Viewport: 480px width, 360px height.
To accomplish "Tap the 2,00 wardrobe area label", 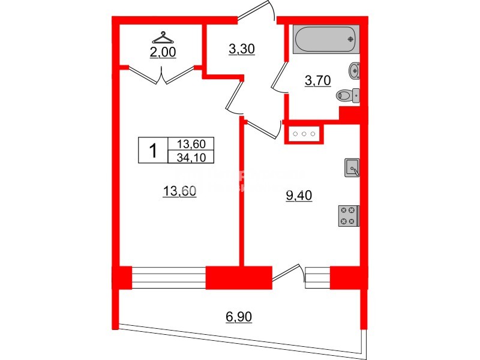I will pos(162,52).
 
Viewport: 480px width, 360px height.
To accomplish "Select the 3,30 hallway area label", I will pos(242,50).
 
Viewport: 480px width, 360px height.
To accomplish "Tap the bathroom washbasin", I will pos(355,71).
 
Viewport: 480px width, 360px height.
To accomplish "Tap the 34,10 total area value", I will pos(191,157).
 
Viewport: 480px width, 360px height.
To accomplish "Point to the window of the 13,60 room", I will pos(168,277).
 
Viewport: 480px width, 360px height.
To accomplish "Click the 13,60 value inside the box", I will pos(191,144).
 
